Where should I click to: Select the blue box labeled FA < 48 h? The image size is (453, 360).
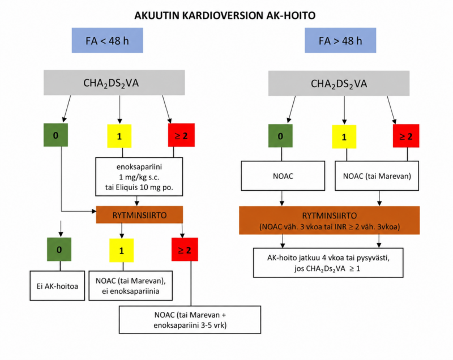(x=107, y=40)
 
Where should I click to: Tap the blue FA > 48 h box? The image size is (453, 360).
(x=340, y=40)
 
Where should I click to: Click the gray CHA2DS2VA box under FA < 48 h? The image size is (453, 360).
(x=114, y=83)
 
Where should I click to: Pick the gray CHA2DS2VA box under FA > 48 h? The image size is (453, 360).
(x=339, y=83)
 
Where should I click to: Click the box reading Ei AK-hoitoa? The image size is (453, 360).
(x=57, y=286)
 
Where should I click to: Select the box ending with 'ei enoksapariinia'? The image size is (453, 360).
(x=131, y=286)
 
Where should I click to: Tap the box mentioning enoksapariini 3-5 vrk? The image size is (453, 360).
(x=190, y=320)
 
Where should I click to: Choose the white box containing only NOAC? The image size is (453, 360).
(x=283, y=176)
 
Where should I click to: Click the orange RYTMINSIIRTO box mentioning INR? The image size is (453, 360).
(x=330, y=220)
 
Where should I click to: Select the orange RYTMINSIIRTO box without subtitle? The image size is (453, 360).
(x=139, y=215)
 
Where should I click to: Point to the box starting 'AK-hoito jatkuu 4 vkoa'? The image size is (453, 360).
(x=328, y=263)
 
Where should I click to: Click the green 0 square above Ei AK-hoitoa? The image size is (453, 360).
(x=59, y=250)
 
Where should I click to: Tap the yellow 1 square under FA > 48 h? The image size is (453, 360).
(x=344, y=137)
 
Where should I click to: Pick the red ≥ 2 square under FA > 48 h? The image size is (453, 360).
(x=406, y=136)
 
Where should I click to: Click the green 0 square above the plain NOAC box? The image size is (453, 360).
(x=280, y=136)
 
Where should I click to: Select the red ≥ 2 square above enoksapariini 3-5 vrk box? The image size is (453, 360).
(x=185, y=250)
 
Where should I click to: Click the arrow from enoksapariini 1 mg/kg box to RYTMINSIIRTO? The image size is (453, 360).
(x=137, y=201)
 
